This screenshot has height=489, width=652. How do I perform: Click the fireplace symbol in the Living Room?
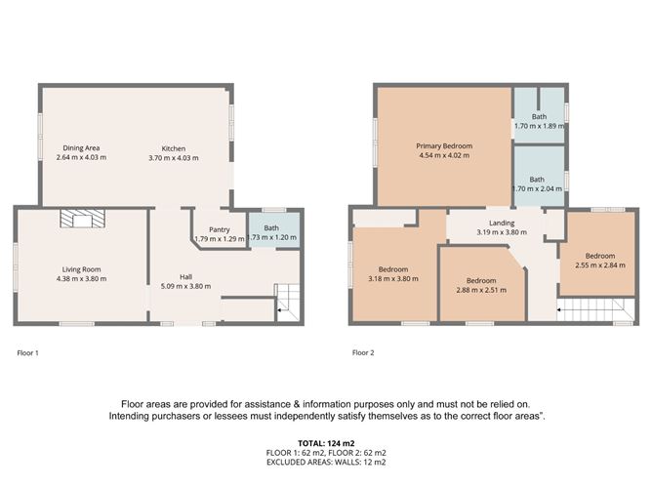point(82,219)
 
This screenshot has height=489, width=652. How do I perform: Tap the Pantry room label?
point(220,229)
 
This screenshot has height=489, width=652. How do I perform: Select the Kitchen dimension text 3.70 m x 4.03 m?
point(174,158)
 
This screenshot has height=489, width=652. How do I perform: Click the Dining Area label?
point(81,147)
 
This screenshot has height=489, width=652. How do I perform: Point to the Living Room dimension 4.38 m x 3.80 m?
point(82,278)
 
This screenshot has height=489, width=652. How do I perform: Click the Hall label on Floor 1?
point(185,277)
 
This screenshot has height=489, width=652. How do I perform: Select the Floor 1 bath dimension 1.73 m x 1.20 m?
point(271,237)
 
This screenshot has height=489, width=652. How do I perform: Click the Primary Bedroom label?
point(444,146)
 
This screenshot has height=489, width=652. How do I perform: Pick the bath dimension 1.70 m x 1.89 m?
point(540,126)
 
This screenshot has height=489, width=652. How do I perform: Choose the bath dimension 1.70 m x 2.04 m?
point(537,188)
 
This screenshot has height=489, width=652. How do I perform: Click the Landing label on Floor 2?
point(502,223)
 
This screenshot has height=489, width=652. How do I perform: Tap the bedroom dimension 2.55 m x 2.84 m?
point(600,265)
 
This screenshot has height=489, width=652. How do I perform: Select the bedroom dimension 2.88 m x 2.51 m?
point(481,290)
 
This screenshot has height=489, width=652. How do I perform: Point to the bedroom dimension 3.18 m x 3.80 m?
point(393,278)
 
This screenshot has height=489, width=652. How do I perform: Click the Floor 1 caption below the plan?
point(27,353)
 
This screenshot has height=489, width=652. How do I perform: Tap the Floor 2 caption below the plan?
point(363,352)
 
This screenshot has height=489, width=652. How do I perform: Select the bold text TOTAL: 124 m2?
point(326,443)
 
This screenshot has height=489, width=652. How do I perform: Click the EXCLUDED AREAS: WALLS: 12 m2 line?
point(326,462)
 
